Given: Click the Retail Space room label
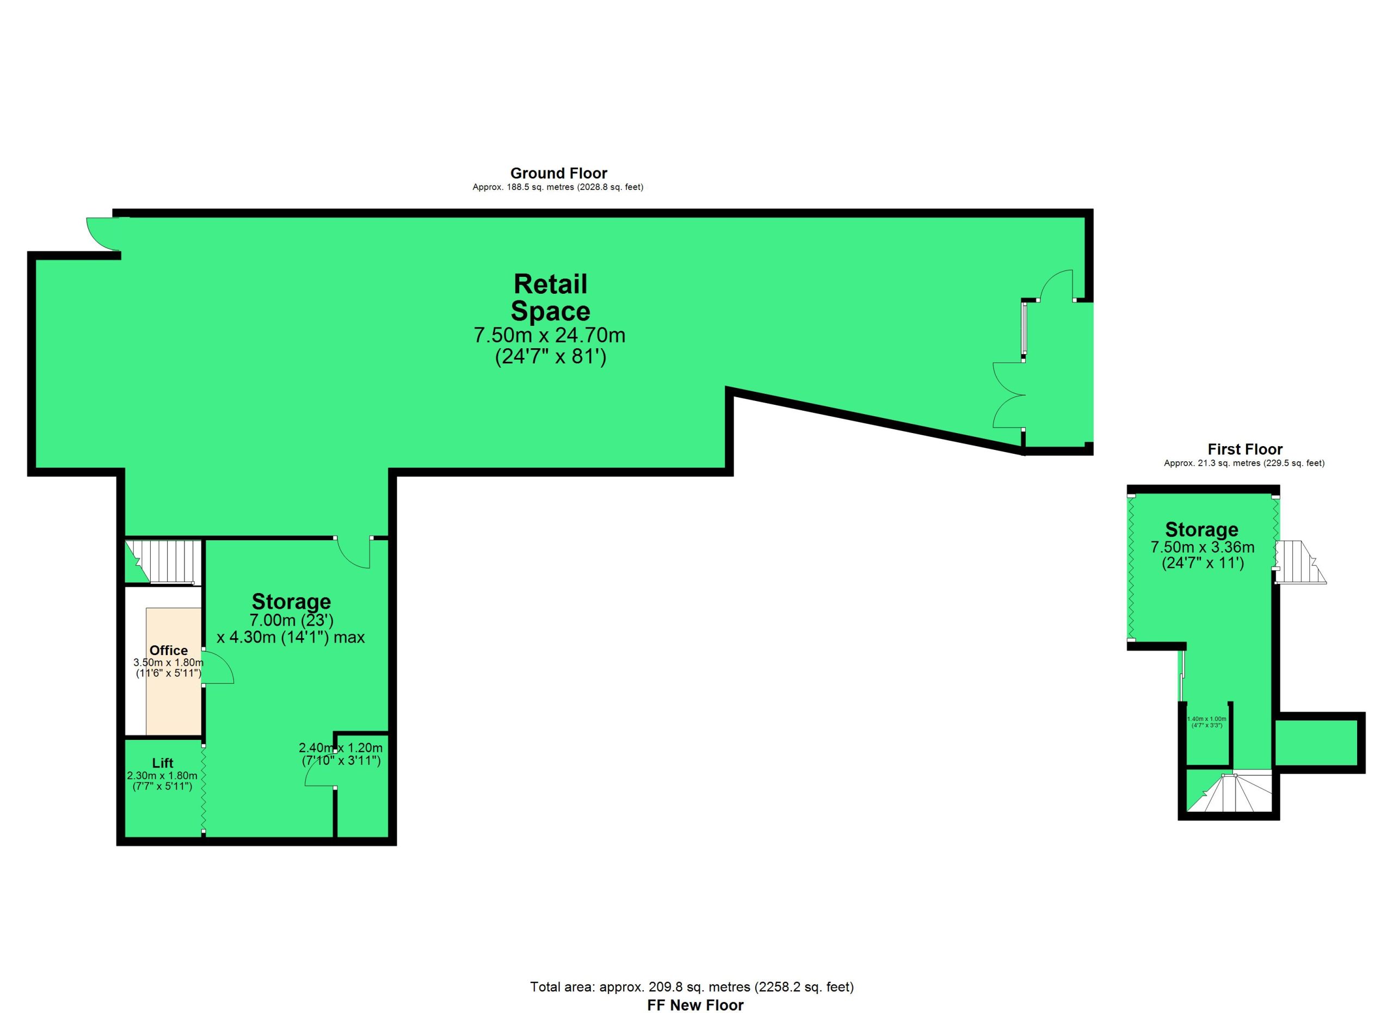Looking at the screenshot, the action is click(x=550, y=298).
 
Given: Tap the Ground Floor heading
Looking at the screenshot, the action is click(x=559, y=173).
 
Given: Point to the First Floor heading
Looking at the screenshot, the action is click(x=1245, y=449).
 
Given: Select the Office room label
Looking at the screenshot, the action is click(x=169, y=650).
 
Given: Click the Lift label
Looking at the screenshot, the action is click(x=163, y=763).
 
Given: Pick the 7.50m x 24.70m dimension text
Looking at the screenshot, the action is click(x=550, y=335).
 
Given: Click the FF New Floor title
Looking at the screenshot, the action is click(x=695, y=1005).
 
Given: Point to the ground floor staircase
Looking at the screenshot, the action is click(x=163, y=562).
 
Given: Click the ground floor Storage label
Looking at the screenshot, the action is click(x=291, y=601).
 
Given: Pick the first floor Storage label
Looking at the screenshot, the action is click(x=1201, y=529).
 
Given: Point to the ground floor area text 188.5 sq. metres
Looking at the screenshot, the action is click(x=558, y=187).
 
